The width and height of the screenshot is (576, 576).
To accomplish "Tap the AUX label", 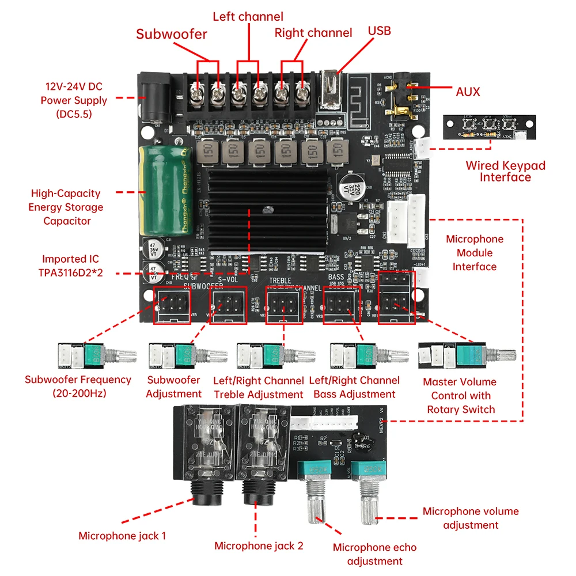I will [x=467, y=92].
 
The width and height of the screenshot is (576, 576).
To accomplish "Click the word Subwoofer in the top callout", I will [x=171, y=34].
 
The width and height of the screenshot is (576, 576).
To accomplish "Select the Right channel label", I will [x=313, y=33].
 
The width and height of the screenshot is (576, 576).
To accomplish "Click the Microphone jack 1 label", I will [x=122, y=536].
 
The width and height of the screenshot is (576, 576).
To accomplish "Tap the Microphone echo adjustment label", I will [x=374, y=554].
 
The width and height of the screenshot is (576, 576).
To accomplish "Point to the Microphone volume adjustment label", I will [x=471, y=518].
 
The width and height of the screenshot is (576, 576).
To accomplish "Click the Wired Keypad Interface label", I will [x=505, y=171].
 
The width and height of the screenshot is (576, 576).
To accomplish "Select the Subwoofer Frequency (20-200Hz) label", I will [x=78, y=386].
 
